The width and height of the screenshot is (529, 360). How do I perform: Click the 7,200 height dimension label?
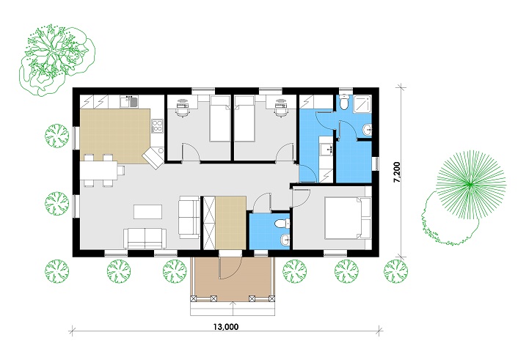pyautogui.click(x=396, y=173)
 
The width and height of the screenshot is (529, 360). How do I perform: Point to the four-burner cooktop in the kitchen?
pyautogui.click(x=156, y=126)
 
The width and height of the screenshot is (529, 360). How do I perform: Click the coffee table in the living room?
pyautogui.click(x=146, y=212)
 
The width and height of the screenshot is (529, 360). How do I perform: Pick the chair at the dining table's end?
pyautogui.click(x=121, y=170)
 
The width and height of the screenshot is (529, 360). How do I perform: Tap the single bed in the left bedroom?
pyautogui.click(x=219, y=119)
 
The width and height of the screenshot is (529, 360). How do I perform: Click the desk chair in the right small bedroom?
pyautogui.click(x=279, y=112)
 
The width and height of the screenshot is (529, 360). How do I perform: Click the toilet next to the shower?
pyautogui.click(x=343, y=106)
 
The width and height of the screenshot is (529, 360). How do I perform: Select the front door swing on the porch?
pyautogui.click(x=230, y=265)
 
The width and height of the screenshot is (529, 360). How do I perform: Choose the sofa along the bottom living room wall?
pyautogui.click(x=145, y=237)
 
